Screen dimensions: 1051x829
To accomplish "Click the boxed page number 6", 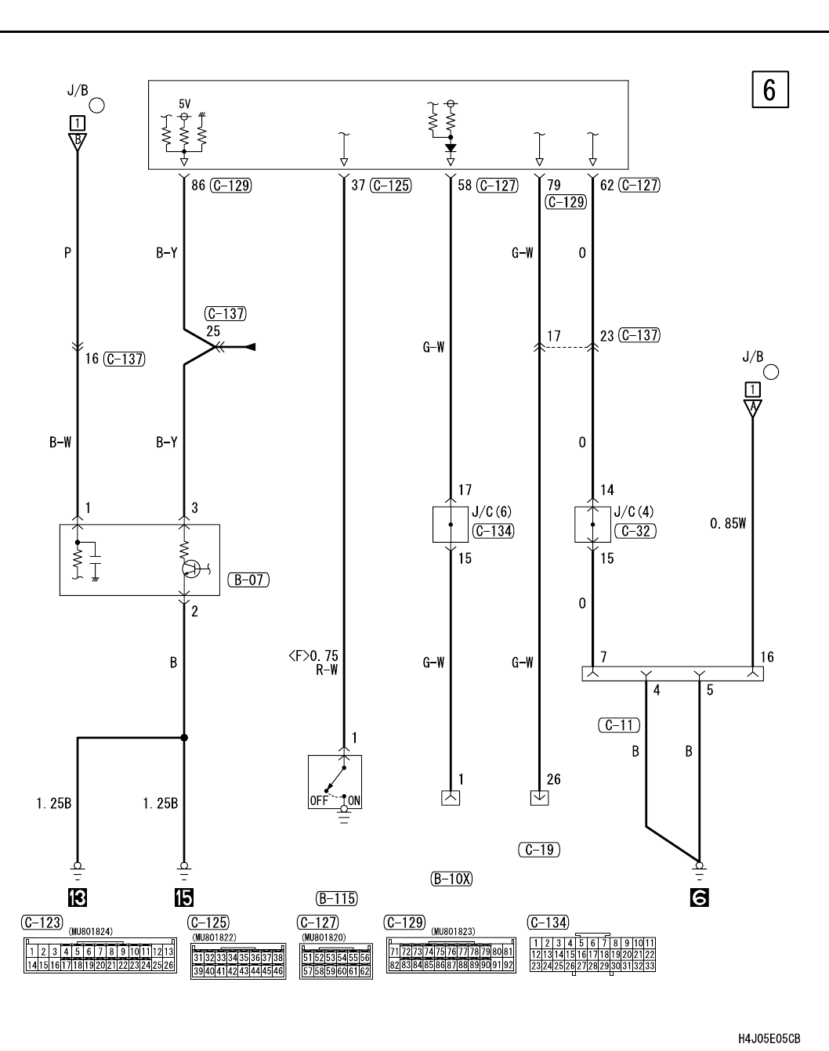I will point(769,90).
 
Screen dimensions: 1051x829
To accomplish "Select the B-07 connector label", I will point(248,580).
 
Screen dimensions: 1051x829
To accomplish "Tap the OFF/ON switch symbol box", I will point(335,782).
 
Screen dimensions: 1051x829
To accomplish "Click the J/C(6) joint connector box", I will point(450,524).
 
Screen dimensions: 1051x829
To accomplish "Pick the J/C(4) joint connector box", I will point(592,524).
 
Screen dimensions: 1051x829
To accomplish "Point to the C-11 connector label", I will point(619,725).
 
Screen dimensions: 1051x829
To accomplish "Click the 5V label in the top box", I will point(184,103).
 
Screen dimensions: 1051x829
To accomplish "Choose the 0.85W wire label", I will point(728,523).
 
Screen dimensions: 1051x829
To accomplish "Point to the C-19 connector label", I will point(539,849).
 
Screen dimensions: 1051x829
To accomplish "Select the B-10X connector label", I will point(452,879).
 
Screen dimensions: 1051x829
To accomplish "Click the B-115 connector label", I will point(336,898).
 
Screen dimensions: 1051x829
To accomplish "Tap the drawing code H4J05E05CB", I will point(769,1038).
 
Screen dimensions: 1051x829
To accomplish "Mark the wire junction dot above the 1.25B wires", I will point(184,737).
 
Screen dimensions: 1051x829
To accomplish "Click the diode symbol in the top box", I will point(451,147).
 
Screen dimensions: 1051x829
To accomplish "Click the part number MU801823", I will point(452,930).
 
